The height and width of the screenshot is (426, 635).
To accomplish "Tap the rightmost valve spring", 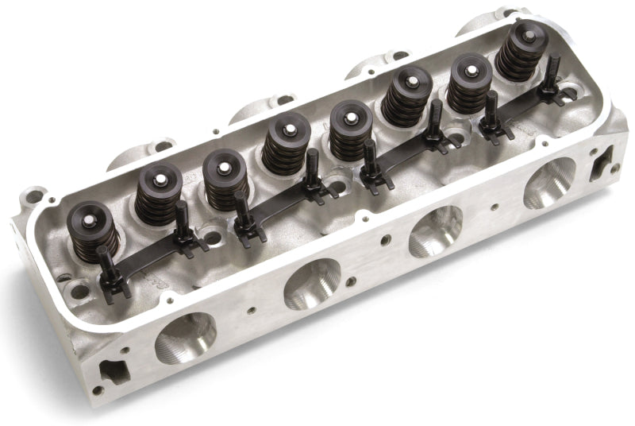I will pos(522,50).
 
